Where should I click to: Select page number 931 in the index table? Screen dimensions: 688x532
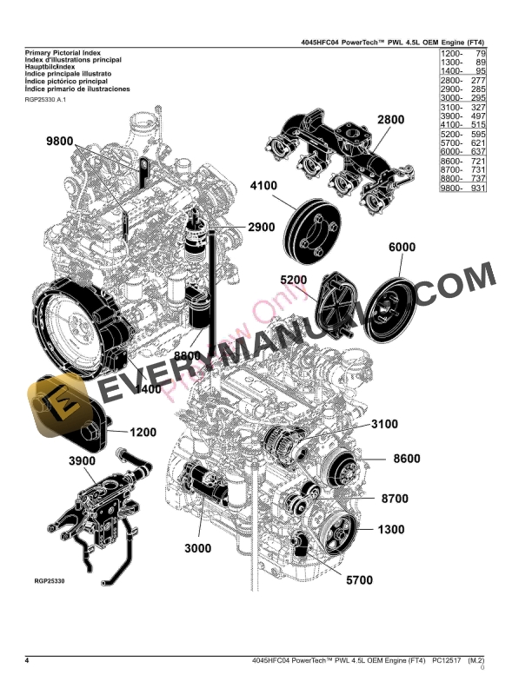pos(475,188)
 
